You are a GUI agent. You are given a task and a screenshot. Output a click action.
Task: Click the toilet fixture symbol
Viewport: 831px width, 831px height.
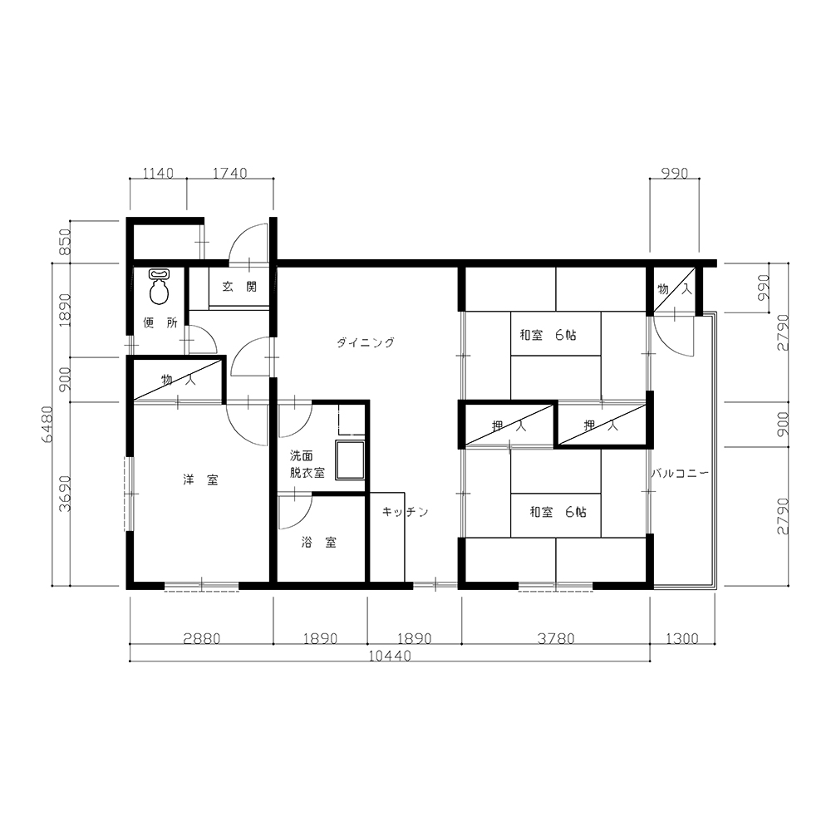click(159, 287)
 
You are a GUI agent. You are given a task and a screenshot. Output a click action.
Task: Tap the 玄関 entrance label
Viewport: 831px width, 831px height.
click(239, 287)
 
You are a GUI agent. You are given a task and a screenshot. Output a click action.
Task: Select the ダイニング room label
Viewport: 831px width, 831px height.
click(366, 342)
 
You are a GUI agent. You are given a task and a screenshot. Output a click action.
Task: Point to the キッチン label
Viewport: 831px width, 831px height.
click(405, 512)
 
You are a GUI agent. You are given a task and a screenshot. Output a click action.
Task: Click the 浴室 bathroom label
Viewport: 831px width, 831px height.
click(318, 542)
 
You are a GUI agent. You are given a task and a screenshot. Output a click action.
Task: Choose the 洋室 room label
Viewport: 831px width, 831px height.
click(200, 480)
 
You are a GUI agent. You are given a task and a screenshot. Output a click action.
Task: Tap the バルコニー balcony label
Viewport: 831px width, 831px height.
click(680, 474)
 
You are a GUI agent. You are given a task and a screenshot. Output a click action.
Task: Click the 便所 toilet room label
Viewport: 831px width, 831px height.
click(160, 322)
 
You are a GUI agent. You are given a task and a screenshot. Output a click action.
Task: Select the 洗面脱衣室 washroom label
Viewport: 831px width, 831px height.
click(307, 465)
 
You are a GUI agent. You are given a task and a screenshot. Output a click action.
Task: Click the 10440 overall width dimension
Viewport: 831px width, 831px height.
click(390, 656)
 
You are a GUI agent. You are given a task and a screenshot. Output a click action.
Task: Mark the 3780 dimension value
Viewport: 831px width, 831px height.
click(556, 638)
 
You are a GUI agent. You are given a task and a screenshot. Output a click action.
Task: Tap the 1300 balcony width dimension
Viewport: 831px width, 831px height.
click(682, 638)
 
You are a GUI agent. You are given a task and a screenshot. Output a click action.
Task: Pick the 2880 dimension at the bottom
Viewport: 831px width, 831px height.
click(201, 638)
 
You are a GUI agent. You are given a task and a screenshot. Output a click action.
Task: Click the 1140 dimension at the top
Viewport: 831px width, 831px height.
click(158, 174)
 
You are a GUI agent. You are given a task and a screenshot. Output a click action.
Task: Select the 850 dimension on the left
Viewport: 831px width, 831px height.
click(65, 242)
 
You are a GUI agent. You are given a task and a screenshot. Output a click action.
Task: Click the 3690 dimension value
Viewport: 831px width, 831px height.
click(65, 494)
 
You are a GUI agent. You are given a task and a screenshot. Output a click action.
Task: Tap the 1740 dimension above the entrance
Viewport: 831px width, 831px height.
click(230, 174)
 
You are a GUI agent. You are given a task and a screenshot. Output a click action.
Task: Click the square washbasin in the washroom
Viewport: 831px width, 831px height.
click(350, 460)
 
